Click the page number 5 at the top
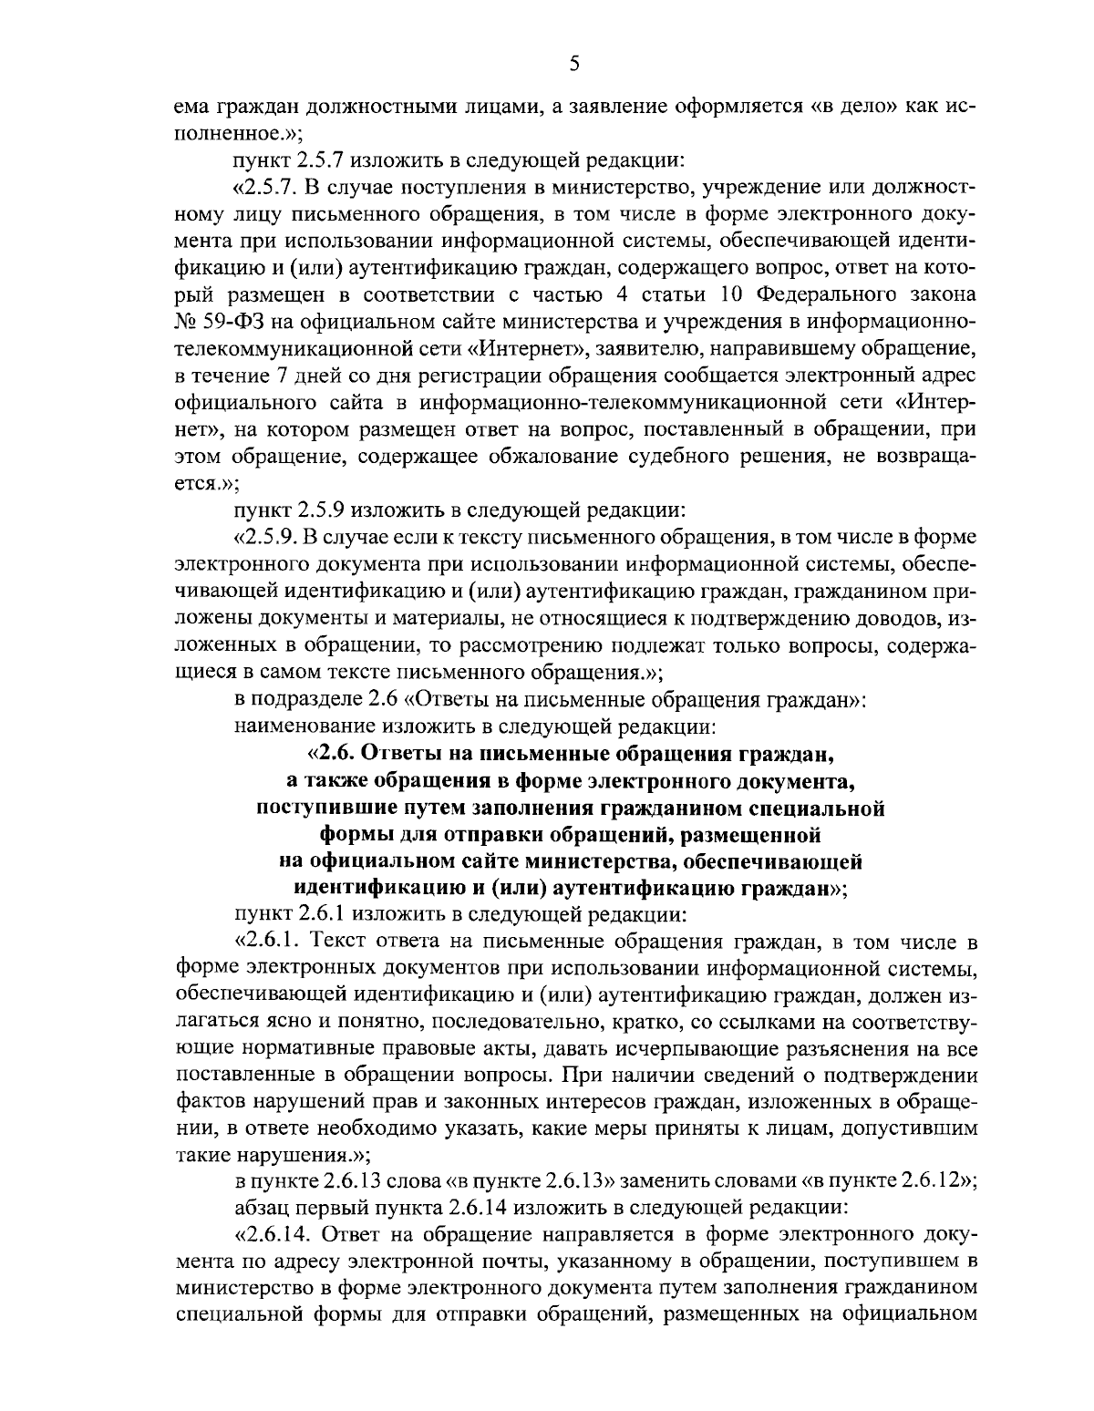tap(573, 63)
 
